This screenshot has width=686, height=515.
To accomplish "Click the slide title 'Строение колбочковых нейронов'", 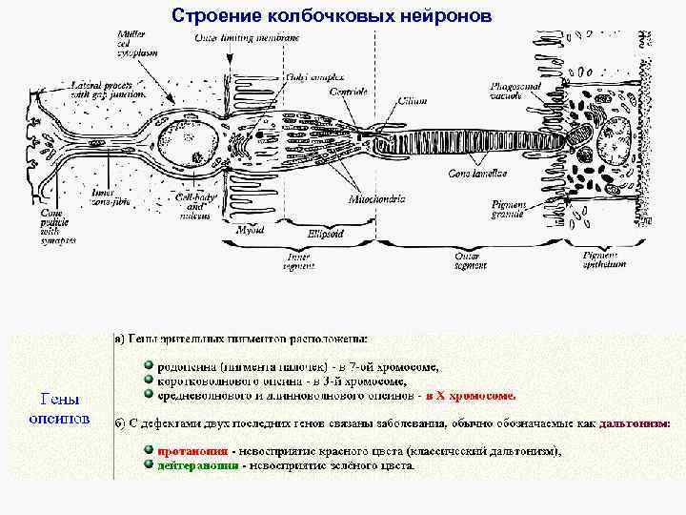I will pos(333,15).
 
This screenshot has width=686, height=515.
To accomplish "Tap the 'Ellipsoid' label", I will pos(325,233).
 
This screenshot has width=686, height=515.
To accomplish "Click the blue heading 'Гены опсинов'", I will pos(59,408).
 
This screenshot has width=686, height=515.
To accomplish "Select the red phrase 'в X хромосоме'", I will pos(471,395).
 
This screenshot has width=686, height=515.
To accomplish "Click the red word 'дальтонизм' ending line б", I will pos(636,422).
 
